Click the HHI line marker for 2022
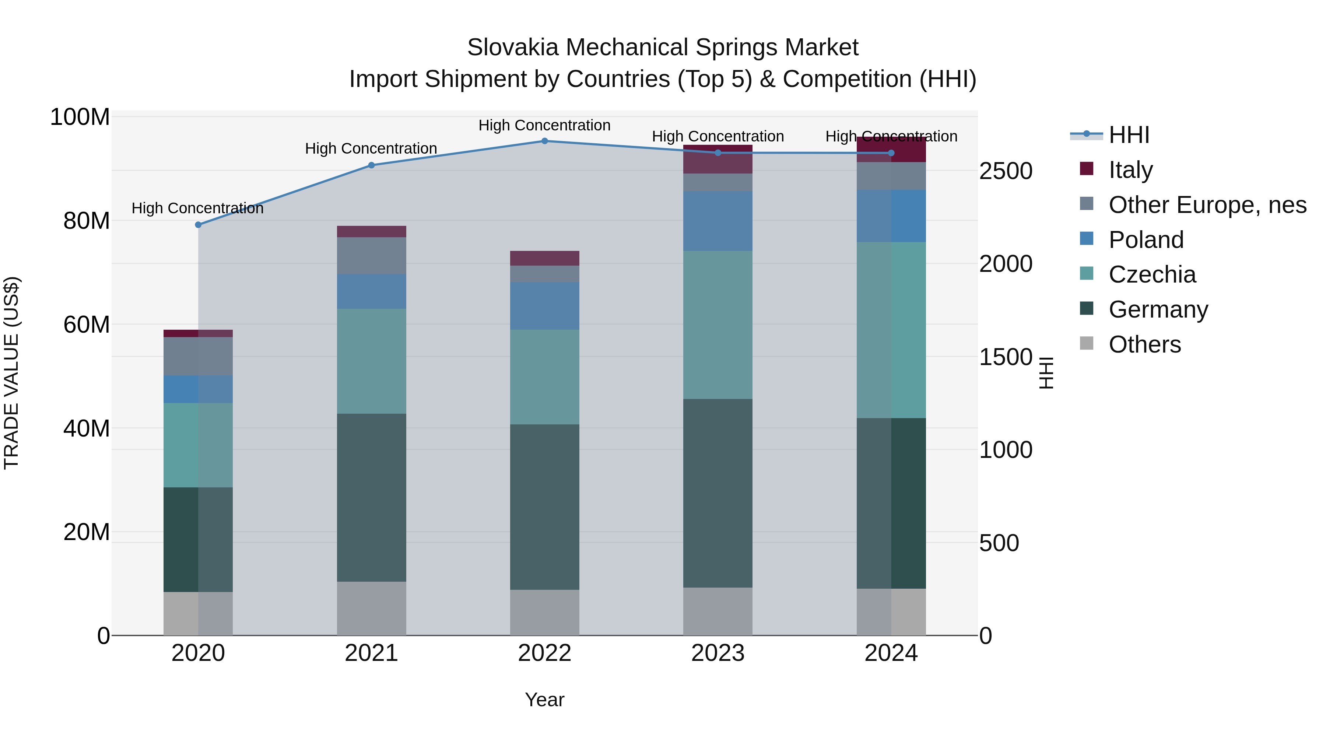tap(545, 141)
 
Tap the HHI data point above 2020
tap(198, 225)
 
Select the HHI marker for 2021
tap(371, 165)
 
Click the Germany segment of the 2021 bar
tap(371, 497)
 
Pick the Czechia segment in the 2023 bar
tap(718, 325)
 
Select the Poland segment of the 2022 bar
tap(545, 306)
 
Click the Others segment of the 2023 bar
tap(718, 611)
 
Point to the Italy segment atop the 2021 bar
tap(371, 232)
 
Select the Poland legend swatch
tap(1087, 239)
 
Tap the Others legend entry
tap(1144, 344)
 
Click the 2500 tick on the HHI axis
tap(1005, 171)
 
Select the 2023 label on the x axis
tap(718, 653)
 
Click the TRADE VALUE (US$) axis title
tap(11, 373)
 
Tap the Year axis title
tap(545, 700)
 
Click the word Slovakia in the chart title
tap(513, 48)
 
